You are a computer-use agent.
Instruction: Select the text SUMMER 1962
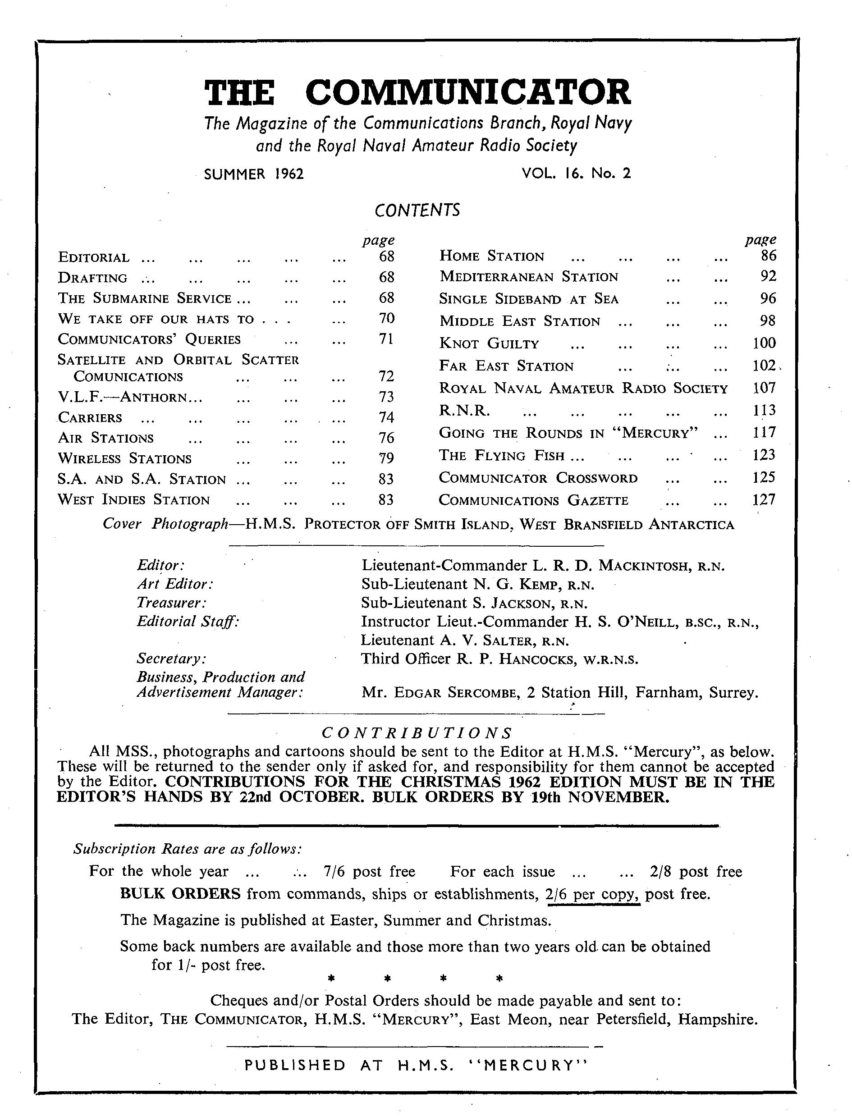[253, 174]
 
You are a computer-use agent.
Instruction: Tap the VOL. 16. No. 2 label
[576, 174]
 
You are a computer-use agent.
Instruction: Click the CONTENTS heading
[417, 210]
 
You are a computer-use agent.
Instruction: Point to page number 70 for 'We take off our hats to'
[386, 318]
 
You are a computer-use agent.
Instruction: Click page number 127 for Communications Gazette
[764, 500]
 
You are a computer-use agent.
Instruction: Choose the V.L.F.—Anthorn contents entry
[130, 397]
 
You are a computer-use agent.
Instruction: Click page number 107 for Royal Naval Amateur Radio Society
[764, 388]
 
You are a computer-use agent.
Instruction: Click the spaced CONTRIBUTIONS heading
[417, 733]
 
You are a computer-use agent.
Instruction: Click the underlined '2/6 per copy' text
[592, 894]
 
